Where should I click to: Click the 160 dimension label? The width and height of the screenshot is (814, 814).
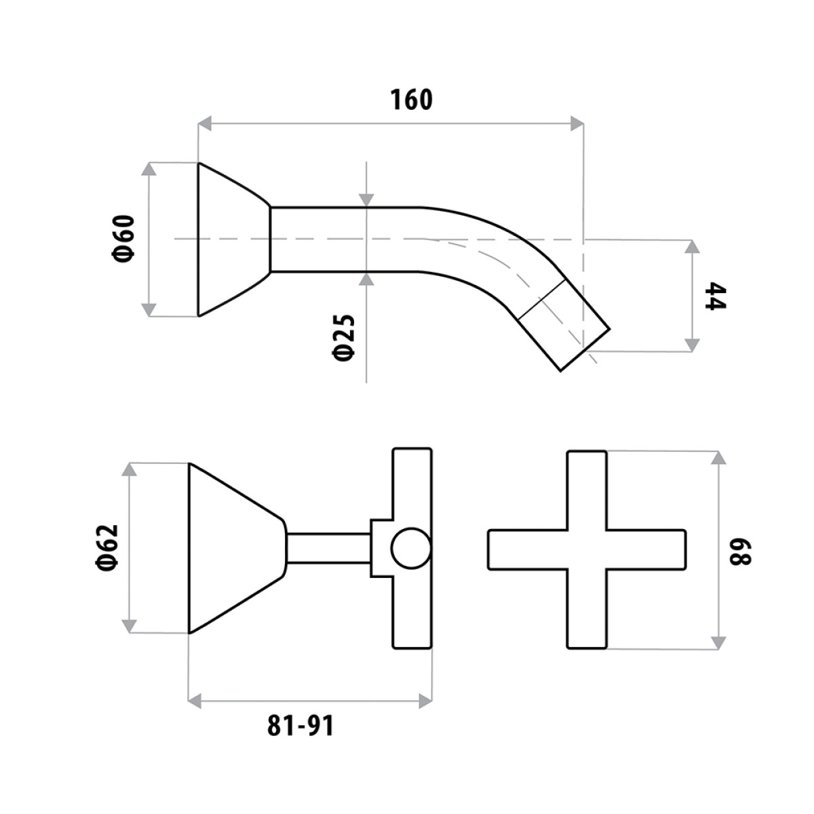pos(411,100)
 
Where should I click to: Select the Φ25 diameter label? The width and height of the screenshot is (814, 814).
pos(343,338)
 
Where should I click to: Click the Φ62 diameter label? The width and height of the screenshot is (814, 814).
pos(107,548)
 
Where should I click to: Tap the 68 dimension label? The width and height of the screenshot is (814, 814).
pos(741,549)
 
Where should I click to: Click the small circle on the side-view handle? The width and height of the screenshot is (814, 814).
pos(410,548)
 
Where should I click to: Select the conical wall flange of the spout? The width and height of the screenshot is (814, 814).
pos(234,239)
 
